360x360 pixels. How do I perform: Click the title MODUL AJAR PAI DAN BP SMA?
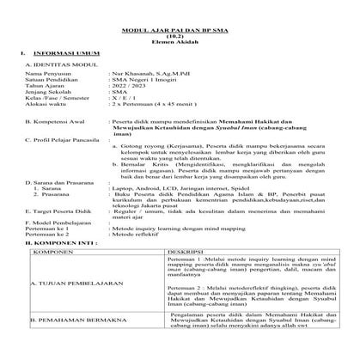pos(180,27)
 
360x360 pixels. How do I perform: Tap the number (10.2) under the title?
pos(180,35)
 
